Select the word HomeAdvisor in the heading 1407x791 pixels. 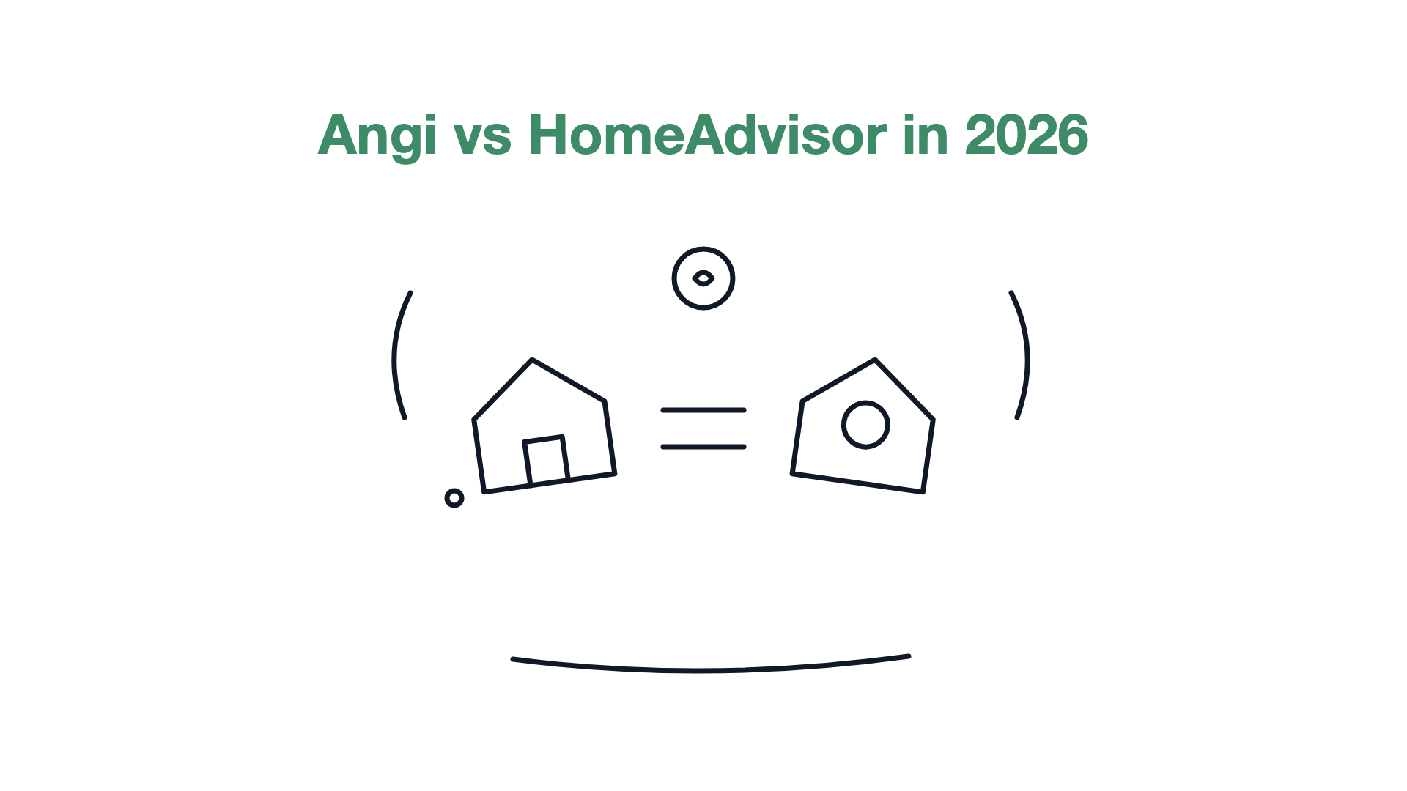click(x=707, y=135)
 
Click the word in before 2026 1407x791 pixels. click(x=926, y=135)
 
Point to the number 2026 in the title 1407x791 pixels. click(x=1027, y=135)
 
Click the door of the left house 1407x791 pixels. click(x=546, y=460)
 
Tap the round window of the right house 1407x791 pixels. click(x=865, y=424)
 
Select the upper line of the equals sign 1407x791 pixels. click(x=703, y=410)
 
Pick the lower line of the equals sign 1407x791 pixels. click(x=703, y=447)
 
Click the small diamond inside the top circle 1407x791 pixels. click(x=703, y=278)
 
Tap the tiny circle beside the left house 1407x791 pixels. click(x=454, y=498)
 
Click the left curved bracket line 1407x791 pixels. click(x=394, y=355)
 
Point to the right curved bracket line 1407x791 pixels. click(x=1027, y=355)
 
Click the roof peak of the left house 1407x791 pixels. click(x=532, y=360)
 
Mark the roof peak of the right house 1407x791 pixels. click(x=875, y=360)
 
